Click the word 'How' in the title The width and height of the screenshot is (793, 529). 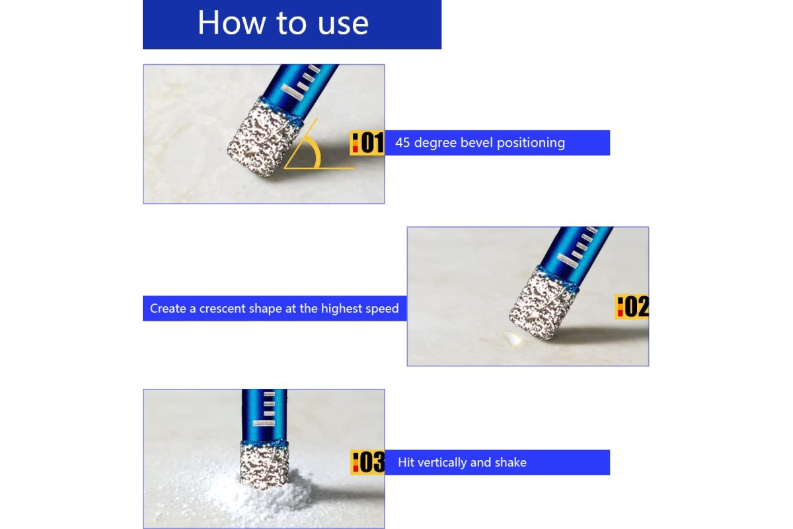coord(231,22)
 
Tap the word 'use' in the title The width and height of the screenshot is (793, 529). coord(343,25)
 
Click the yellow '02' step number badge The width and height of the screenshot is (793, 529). coord(632,307)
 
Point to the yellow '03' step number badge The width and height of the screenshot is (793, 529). coord(368,462)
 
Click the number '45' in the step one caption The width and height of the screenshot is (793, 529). coord(402,143)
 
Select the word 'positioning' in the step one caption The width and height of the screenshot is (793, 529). coord(531,143)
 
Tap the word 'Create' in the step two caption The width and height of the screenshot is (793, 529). coord(168,309)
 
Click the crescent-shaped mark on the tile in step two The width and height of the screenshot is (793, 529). coord(512,338)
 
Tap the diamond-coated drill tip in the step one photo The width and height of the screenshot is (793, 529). coord(263,139)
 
